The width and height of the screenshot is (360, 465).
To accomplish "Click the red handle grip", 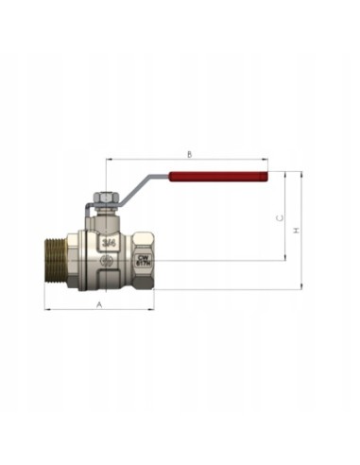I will tap(218, 176).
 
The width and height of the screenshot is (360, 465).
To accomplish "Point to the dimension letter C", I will tap(279, 217).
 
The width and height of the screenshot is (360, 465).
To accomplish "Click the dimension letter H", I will tap(296, 231).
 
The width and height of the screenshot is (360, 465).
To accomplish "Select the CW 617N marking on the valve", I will tap(144, 259).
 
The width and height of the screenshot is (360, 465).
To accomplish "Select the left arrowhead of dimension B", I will tap(108, 160).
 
